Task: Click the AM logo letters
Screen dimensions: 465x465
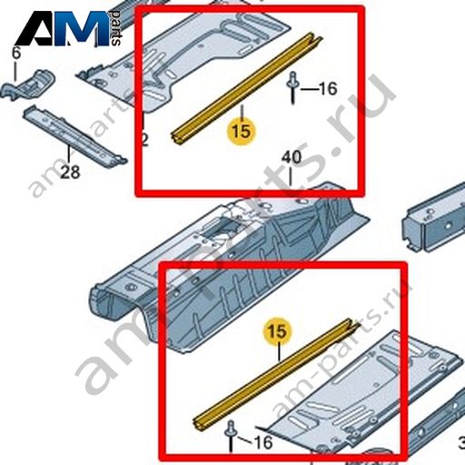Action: [x=62, y=28]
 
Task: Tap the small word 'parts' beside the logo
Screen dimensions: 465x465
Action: [x=115, y=28]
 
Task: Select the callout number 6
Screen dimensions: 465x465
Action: [x=15, y=54]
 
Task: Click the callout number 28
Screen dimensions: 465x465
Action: [x=70, y=173]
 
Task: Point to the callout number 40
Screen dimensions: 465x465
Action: [x=292, y=158]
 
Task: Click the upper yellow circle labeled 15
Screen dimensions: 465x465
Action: [x=242, y=132]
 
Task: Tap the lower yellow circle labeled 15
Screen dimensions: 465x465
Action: [x=277, y=331]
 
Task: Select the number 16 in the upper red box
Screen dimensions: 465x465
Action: [x=328, y=89]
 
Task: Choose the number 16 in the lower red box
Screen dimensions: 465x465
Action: [x=263, y=442]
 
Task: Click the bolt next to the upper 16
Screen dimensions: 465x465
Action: [x=292, y=87]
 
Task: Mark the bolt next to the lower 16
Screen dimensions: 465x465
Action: [x=231, y=435]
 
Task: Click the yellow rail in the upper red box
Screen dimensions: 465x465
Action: [x=247, y=88]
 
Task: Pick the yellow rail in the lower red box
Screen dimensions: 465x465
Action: [x=276, y=374]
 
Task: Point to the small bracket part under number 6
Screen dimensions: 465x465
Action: [x=29, y=84]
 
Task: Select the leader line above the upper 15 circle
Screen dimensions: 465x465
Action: [x=242, y=112]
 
